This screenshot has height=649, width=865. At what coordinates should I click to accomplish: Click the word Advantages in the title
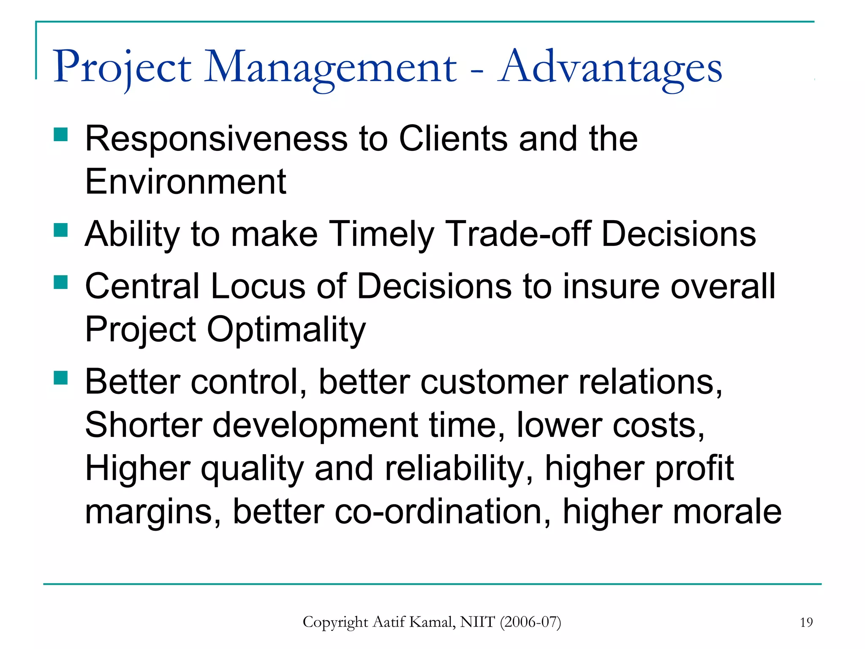[610, 68]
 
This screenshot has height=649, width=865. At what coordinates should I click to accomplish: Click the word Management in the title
[330, 68]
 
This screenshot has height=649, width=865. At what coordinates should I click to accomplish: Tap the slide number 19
[806, 622]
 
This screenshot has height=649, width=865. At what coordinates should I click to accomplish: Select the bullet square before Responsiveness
[61, 135]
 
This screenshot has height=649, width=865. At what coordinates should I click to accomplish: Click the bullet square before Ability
[61, 231]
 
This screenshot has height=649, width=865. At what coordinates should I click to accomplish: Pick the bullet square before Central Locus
[61, 282]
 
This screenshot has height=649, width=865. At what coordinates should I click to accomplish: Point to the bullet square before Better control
[61, 378]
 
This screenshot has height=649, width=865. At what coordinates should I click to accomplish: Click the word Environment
[185, 182]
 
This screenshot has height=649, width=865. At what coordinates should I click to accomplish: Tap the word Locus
[258, 286]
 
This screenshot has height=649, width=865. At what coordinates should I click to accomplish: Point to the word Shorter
[144, 425]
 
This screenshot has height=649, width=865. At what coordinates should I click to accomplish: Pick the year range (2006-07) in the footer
[530, 622]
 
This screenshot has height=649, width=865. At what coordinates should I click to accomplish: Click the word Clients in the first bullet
[453, 139]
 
